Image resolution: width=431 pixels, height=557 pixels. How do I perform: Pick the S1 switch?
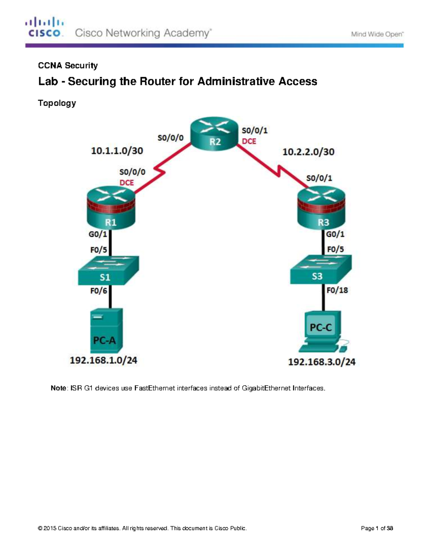pyautogui.click(x=108, y=270)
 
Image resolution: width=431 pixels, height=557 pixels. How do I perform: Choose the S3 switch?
pyautogui.click(x=320, y=269)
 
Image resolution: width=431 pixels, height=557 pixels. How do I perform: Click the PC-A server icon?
pyautogui.click(x=106, y=330)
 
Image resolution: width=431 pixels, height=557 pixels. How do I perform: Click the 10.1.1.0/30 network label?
pyautogui.click(x=117, y=151)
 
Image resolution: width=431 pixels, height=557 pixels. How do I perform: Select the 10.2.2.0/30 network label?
pyautogui.click(x=308, y=152)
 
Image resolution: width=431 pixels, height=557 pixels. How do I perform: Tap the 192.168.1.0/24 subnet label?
pyautogui.click(x=103, y=360)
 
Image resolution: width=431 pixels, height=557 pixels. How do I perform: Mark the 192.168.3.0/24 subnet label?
pyautogui.click(x=321, y=362)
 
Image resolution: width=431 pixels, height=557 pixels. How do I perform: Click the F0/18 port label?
pyautogui.click(x=337, y=290)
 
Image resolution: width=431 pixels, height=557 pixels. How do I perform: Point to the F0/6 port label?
pyautogui.click(x=98, y=291)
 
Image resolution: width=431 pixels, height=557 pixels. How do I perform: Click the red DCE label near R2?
pyautogui.click(x=249, y=141)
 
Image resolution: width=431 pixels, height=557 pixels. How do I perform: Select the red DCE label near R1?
pyautogui.click(x=126, y=183)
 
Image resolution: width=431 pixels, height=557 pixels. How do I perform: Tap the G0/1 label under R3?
pyautogui.click(x=335, y=234)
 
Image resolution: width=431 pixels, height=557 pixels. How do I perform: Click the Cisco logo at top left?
pyautogui.click(x=45, y=27)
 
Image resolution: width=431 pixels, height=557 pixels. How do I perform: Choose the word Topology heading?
pyautogui.click(x=57, y=103)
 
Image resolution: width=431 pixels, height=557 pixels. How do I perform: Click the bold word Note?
pyautogui.click(x=58, y=388)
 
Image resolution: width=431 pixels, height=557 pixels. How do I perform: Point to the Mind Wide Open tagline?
pyautogui.click(x=377, y=34)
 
